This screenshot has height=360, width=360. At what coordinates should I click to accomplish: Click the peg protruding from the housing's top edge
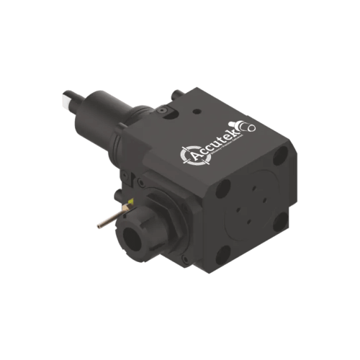tap(176, 94)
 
